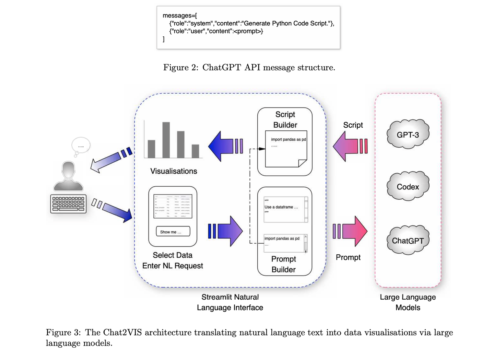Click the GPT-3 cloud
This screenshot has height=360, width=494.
pyautogui.click(x=408, y=134)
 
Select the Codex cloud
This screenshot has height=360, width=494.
pyautogui.click(x=408, y=186)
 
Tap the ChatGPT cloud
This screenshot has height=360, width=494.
pyautogui.click(x=408, y=240)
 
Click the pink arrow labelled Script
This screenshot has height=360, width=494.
pyautogui.click(x=350, y=146)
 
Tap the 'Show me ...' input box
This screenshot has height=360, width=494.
pyautogui.click(x=173, y=232)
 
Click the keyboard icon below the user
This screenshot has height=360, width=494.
pyautogui.click(x=68, y=204)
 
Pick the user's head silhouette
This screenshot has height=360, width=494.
pyautogui.click(x=68, y=170)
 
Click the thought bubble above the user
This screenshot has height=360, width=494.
pyautogui.click(x=81, y=146)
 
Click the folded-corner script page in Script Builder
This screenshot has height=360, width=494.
pyautogui.click(x=286, y=149)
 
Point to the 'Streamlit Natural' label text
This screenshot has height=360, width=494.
pyautogui.click(x=230, y=297)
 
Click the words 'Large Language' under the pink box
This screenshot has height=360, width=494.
pyautogui.click(x=408, y=297)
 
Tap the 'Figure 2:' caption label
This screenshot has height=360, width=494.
pyautogui.click(x=180, y=68)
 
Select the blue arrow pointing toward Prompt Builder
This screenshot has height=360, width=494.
pyautogui.click(x=225, y=231)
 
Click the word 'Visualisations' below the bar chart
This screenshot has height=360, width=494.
pyautogui.click(x=174, y=171)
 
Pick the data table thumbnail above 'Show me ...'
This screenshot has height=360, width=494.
pyautogui.click(x=173, y=206)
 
